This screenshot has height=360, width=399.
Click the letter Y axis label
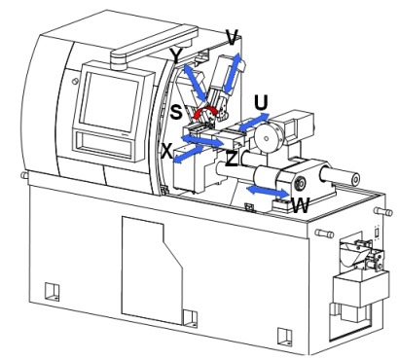(176, 55)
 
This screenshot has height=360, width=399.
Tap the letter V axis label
(233, 37)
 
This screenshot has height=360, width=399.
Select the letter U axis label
(261, 102)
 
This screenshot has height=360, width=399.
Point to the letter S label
(176, 112)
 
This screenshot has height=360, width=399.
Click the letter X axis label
(167, 151)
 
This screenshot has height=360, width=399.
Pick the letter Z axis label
(232, 159)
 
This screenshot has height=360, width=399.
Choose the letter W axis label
(301, 205)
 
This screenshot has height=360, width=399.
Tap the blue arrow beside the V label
(233, 73)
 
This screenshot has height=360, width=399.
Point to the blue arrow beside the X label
(188, 154)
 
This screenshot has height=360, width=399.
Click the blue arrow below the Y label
(195, 83)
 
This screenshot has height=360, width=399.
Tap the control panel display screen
(109, 101)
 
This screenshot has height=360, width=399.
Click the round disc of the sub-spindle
(267, 138)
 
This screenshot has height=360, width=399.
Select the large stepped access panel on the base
(153, 270)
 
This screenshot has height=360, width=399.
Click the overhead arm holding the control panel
(153, 47)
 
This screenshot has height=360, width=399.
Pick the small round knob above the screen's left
(74, 81)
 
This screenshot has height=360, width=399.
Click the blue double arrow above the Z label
(203, 140)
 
